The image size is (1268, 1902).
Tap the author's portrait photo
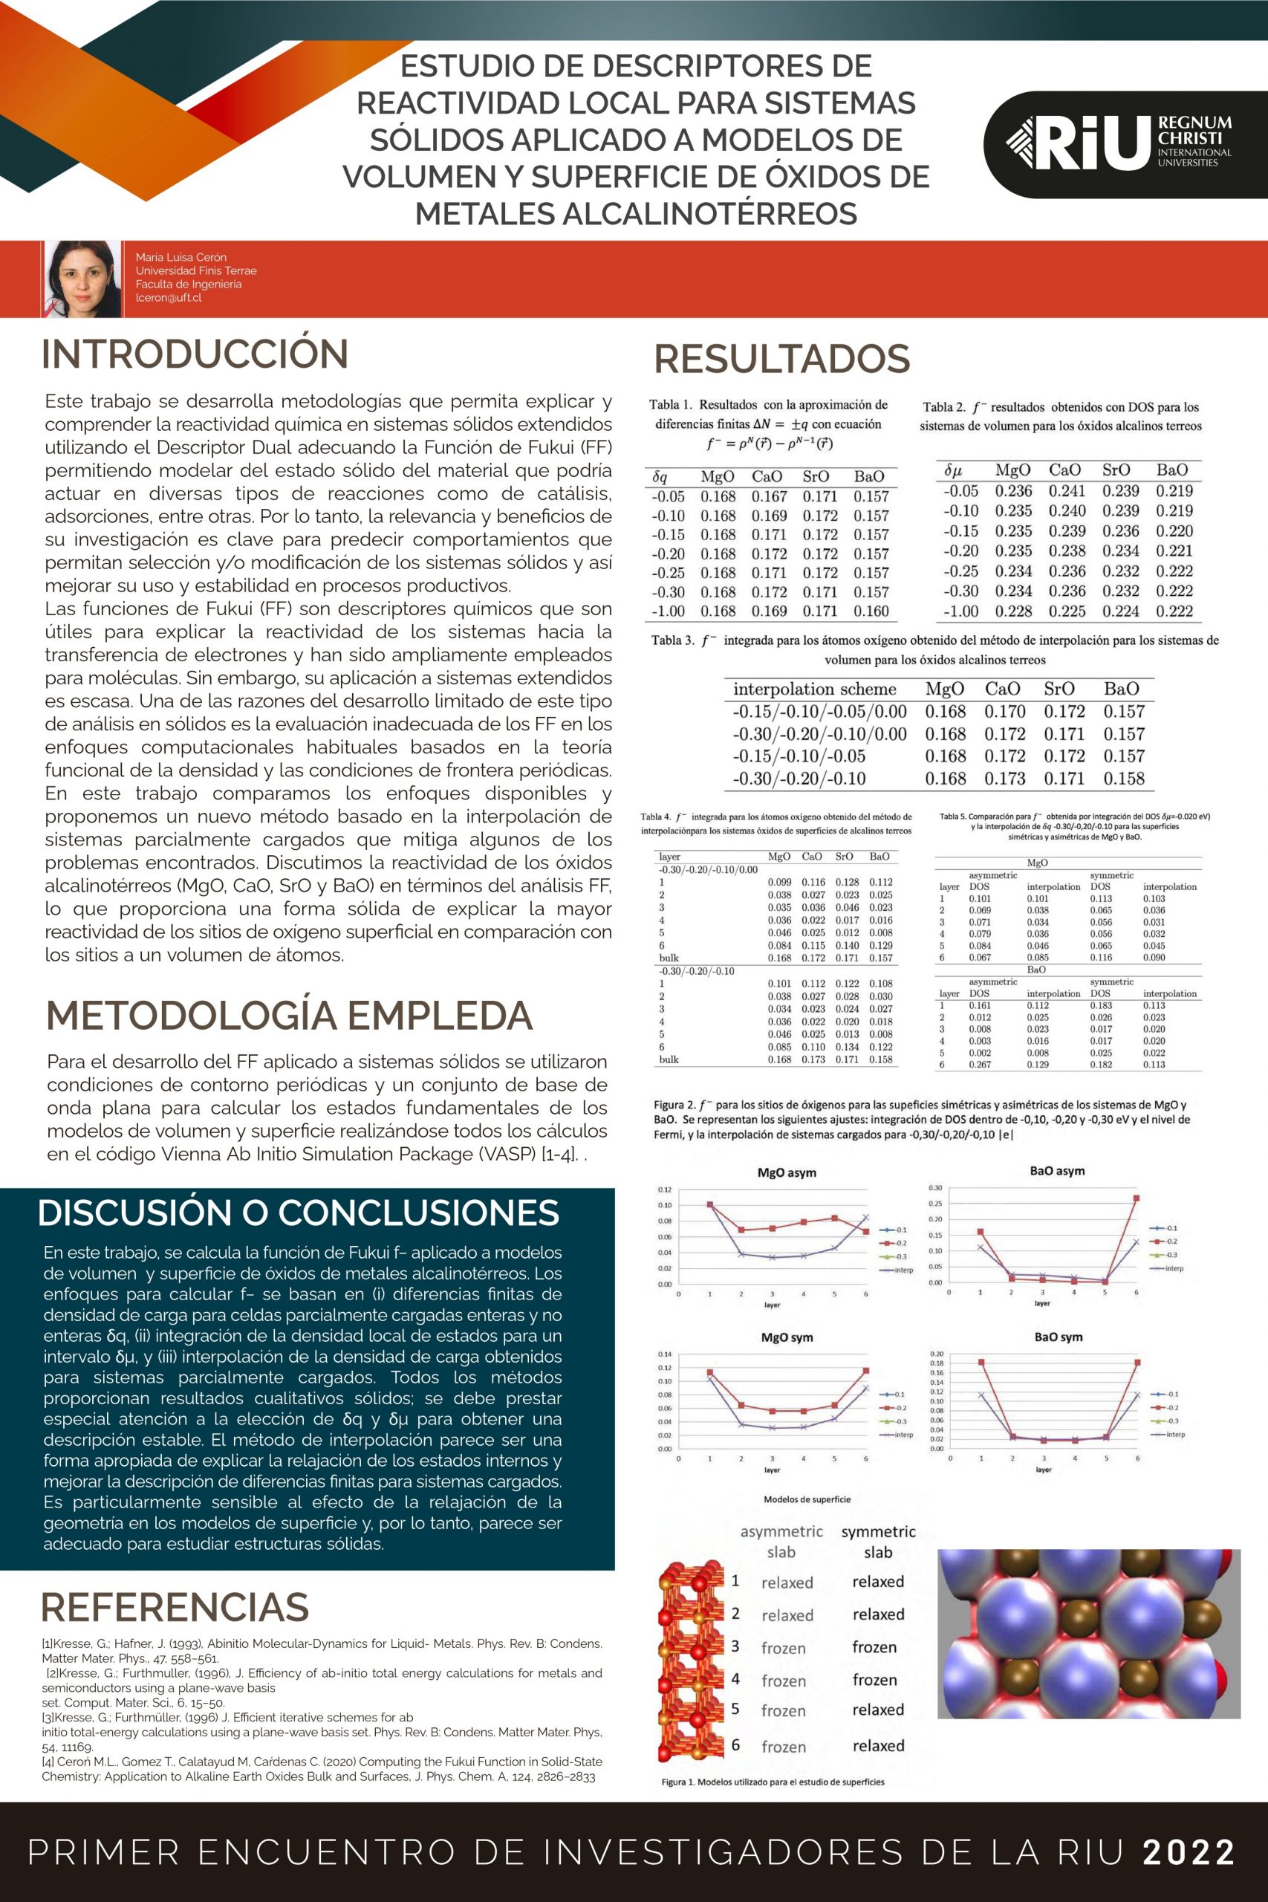click(82, 278)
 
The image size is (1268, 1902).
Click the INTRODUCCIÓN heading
click(195, 354)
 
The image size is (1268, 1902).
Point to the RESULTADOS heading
click(781, 359)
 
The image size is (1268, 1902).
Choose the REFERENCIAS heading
click(175, 1607)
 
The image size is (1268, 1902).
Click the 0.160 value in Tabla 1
click(871, 611)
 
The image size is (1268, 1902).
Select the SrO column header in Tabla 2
click(1116, 470)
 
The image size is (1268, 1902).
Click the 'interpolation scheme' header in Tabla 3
click(814, 689)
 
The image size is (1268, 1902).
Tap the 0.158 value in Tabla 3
click(1124, 778)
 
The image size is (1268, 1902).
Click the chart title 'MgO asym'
click(786, 1172)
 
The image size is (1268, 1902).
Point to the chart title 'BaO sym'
click(1058, 1337)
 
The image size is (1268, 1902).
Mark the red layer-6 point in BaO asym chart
click(1137, 1198)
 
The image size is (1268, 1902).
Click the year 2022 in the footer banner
click(1188, 1852)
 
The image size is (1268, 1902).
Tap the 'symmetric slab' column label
click(878, 1542)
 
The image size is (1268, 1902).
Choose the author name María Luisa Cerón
click(181, 257)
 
